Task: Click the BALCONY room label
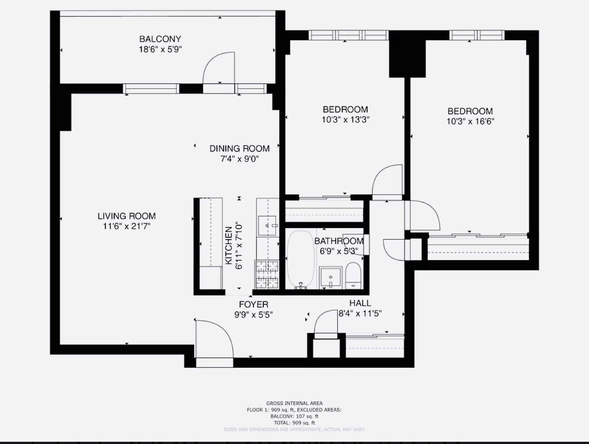point(160,39)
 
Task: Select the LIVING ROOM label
point(127,216)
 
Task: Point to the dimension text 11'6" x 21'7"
point(127,226)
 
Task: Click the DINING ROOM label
point(240,149)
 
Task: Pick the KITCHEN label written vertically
point(228,245)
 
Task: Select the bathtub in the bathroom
point(301,259)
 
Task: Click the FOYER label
point(253,304)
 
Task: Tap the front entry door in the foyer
point(214,339)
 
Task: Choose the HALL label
point(360,303)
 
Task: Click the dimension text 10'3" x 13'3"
point(345,120)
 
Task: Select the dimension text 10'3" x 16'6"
point(470,121)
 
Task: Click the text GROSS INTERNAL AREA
point(294,403)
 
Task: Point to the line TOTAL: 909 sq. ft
point(294,423)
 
